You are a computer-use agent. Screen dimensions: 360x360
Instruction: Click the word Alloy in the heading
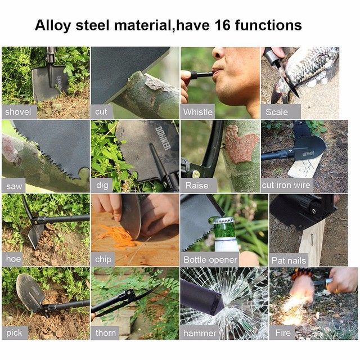[52, 26]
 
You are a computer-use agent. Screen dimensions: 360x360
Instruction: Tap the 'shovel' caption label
[18, 112]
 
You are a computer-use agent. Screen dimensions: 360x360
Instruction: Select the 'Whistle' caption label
[198, 112]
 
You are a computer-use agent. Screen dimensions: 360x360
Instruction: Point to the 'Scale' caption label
[277, 112]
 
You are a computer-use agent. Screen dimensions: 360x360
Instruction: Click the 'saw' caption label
[14, 186]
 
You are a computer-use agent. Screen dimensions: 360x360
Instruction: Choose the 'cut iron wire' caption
[286, 185]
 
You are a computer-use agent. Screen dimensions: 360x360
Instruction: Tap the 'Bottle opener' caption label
[210, 260]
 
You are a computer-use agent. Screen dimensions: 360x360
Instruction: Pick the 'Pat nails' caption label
[289, 260]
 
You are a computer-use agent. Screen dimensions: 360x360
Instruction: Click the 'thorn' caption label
[106, 332]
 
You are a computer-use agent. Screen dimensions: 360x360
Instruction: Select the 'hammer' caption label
[200, 333]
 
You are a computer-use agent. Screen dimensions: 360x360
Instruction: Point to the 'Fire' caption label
[283, 332]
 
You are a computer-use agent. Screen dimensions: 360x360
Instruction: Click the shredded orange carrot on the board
[119, 236]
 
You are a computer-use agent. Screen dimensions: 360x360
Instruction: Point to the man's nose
[218, 54]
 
